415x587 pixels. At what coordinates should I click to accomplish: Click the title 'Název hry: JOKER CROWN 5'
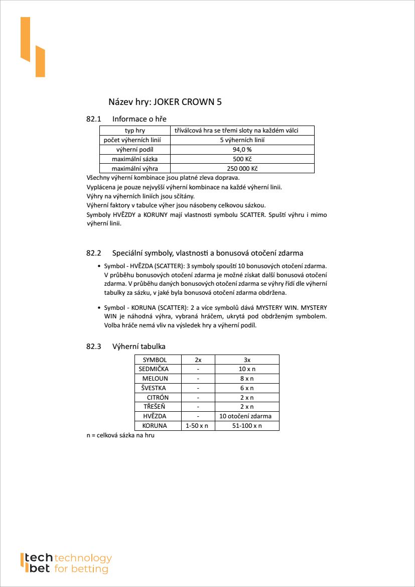coord(165,102)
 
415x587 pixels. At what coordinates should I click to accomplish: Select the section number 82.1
coord(94,119)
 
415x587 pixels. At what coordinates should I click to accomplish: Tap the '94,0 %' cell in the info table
coord(242,150)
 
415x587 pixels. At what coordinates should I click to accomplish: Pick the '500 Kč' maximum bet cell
coord(242,159)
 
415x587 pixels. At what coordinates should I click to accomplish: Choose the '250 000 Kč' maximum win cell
coord(242,169)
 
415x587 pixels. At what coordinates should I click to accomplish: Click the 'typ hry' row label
coord(134,131)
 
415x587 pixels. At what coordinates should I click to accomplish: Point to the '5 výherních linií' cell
coord(242,140)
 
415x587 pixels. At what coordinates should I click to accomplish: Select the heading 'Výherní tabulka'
coord(139,346)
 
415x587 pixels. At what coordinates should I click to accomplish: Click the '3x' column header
coord(247,360)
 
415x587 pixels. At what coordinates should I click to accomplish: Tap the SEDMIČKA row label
coord(155,369)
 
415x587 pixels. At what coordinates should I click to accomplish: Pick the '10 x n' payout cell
coord(247,369)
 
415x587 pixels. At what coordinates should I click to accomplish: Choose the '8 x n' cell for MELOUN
coord(247,379)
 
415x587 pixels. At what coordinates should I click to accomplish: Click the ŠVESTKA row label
coord(155,388)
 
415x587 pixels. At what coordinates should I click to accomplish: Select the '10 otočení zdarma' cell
coord(247,416)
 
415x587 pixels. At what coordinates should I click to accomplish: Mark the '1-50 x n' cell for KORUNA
coord(198,426)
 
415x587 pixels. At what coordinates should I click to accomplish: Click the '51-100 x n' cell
coord(247,426)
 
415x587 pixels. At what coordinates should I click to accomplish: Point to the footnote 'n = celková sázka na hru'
coord(120,436)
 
